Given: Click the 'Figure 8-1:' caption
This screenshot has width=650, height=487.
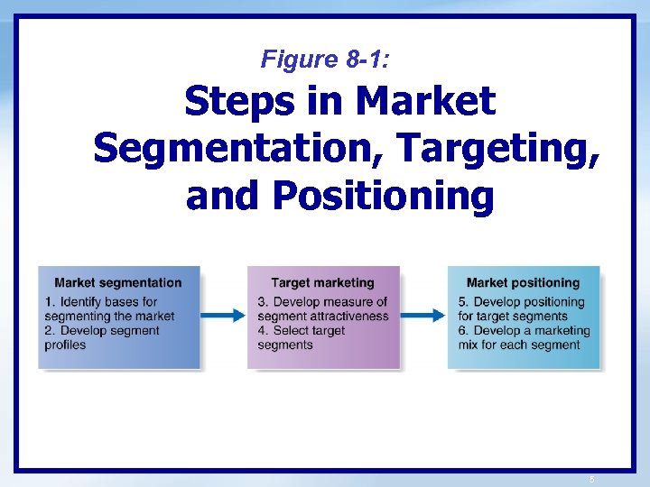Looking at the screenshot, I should [x=325, y=60].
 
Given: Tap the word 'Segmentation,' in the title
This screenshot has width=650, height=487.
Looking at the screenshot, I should [x=239, y=148].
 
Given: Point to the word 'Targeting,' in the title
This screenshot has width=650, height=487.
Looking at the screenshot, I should [x=498, y=148].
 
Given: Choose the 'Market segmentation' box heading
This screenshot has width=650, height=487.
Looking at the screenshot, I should [x=118, y=283].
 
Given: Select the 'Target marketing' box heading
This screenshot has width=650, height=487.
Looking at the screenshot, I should [x=322, y=283].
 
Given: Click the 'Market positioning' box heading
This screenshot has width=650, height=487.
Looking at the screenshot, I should [x=523, y=283].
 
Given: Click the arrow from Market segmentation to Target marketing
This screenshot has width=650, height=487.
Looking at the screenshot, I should [x=223, y=316].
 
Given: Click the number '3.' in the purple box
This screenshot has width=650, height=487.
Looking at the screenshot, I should [x=263, y=302].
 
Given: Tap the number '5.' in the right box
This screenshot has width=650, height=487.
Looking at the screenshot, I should [x=463, y=302].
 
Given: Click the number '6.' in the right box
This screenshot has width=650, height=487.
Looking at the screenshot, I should [x=463, y=331].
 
